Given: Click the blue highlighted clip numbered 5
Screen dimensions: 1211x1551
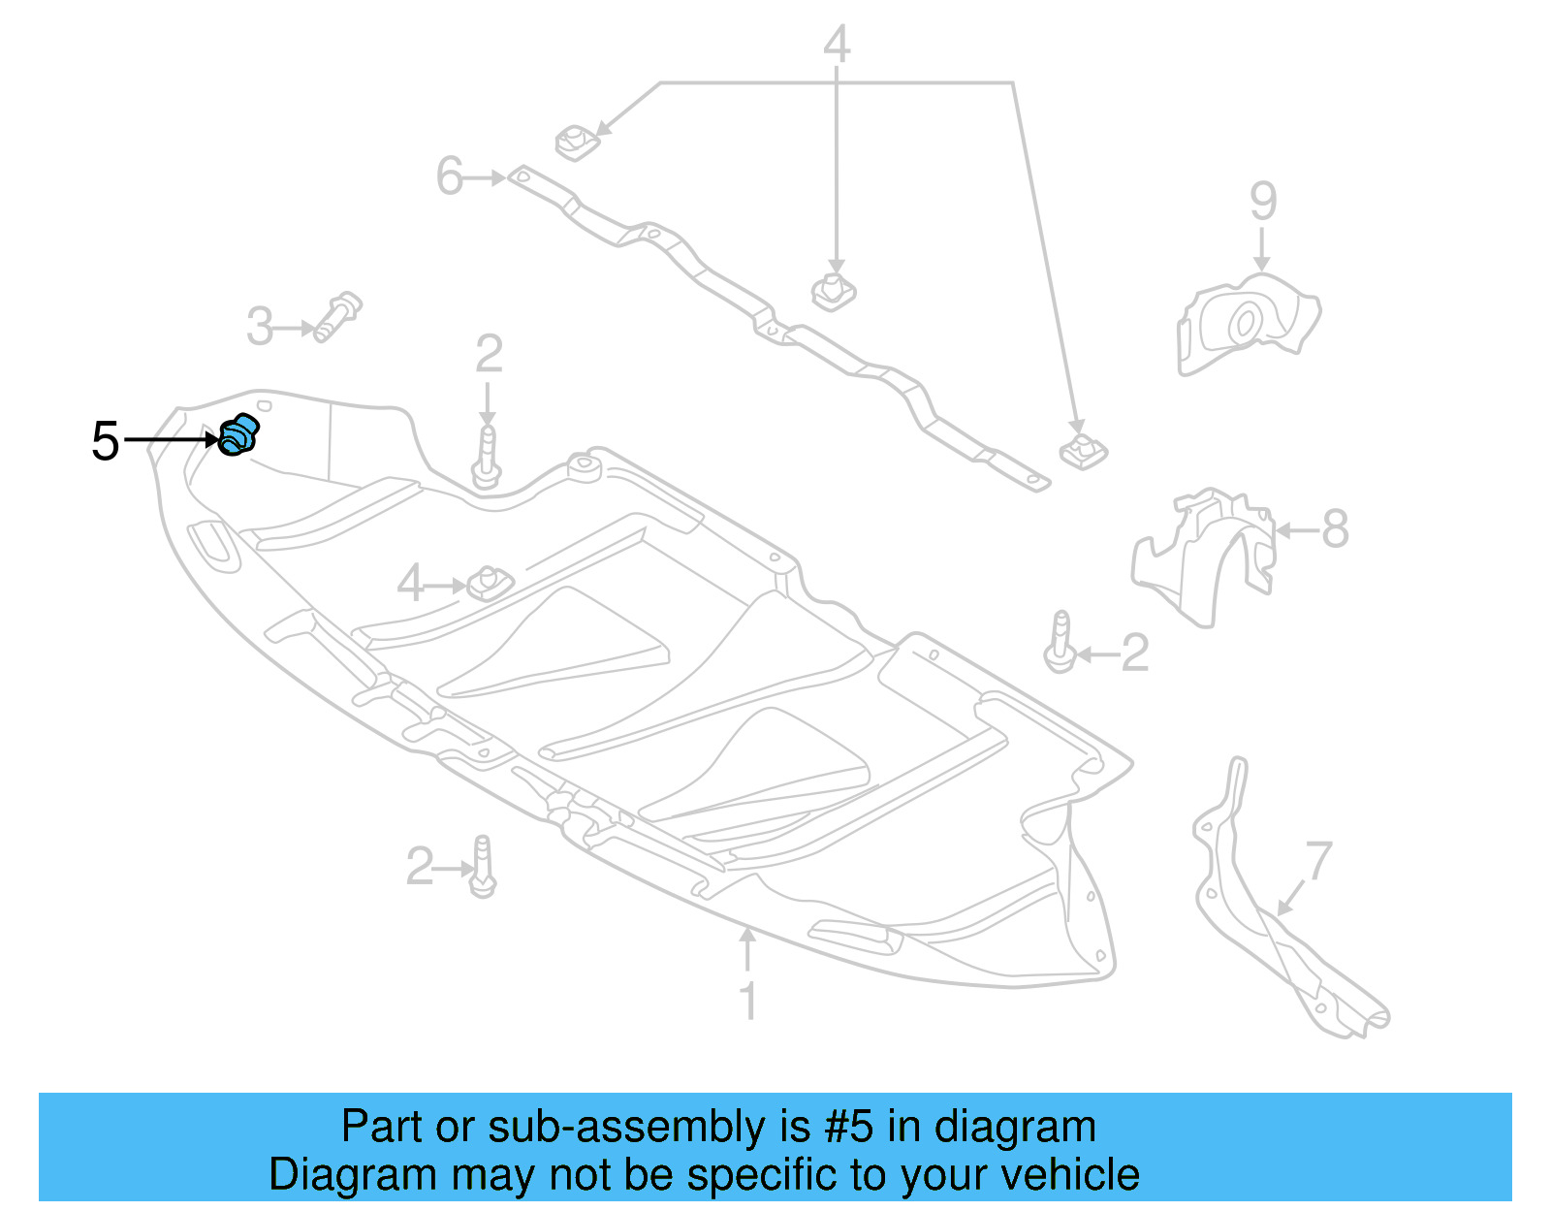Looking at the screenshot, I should [x=237, y=435].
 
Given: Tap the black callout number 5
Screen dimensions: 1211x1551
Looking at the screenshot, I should [x=105, y=442].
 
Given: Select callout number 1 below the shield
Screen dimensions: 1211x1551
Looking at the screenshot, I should [x=747, y=1001].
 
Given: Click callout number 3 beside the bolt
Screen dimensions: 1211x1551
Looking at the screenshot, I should [x=260, y=327].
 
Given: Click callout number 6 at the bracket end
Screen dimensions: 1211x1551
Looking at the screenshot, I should [x=449, y=176].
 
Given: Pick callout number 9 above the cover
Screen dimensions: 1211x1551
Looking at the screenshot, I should [x=1262, y=201].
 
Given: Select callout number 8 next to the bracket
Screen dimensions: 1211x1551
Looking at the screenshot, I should [x=1335, y=529].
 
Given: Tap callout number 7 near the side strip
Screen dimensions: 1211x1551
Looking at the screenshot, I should [x=1318, y=861].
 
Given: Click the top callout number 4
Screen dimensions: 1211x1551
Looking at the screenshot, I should [x=837, y=45].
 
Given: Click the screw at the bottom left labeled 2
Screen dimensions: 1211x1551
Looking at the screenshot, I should [x=483, y=867].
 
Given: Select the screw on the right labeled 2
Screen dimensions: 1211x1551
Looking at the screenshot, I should [x=1060, y=643].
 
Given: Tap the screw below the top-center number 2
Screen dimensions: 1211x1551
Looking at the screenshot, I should [x=487, y=458].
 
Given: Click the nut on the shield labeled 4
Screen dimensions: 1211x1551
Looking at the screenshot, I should [x=490, y=583].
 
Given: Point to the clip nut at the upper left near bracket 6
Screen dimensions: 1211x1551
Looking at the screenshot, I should [x=576, y=143].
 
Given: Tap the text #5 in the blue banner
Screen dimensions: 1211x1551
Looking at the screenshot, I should [x=848, y=1127].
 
